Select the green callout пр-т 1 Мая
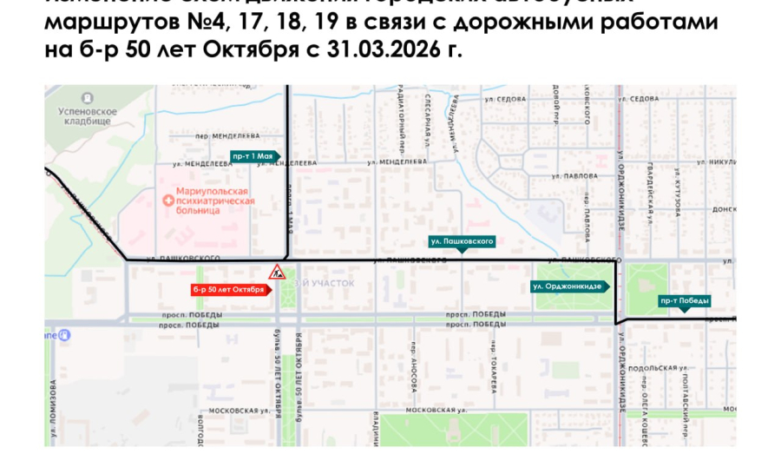[x=253, y=155]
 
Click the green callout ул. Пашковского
[x=462, y=240]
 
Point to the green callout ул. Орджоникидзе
[x=569, y=286]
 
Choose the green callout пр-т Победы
[x=685, y=301]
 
